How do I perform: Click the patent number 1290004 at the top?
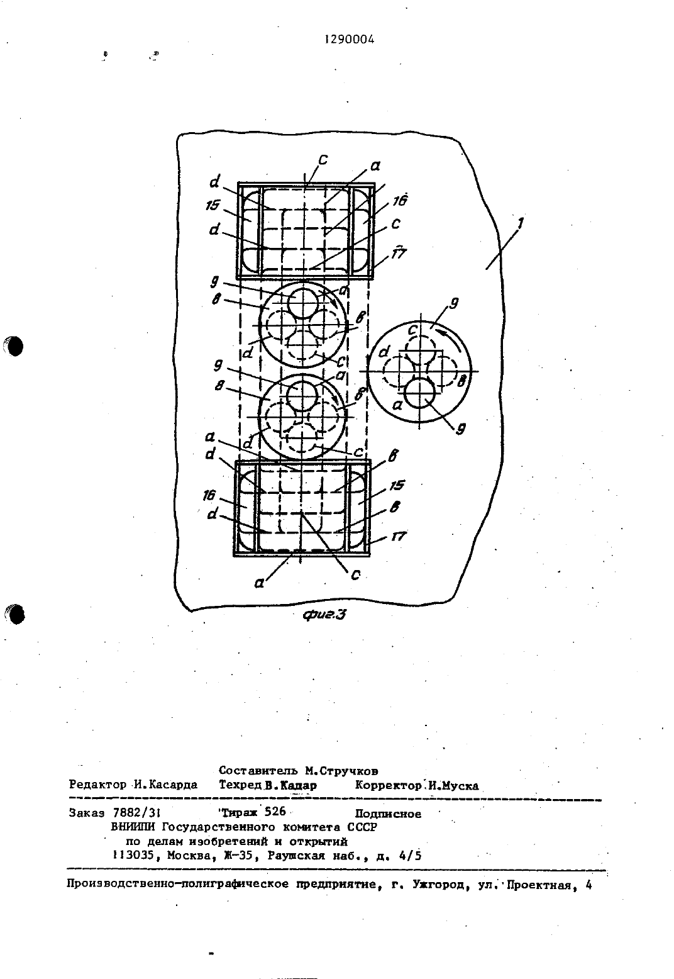(350, 40)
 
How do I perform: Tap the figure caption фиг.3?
(324, 615)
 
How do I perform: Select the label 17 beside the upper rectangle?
(399, 253)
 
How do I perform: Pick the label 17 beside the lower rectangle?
(399, 536)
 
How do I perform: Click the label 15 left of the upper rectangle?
(213, 205)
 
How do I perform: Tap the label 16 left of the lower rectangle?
(209, 495)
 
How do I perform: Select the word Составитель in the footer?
(258, 771)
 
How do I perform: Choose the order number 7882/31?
(136, 812)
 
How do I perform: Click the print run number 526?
(275, 811)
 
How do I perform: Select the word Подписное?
(388, 814)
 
